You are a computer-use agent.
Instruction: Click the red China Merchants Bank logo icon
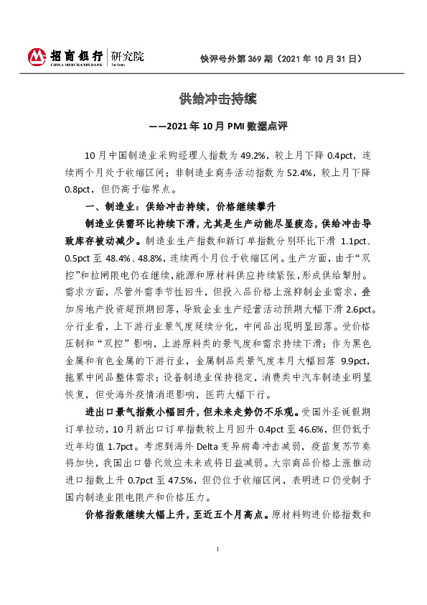[37, 56]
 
